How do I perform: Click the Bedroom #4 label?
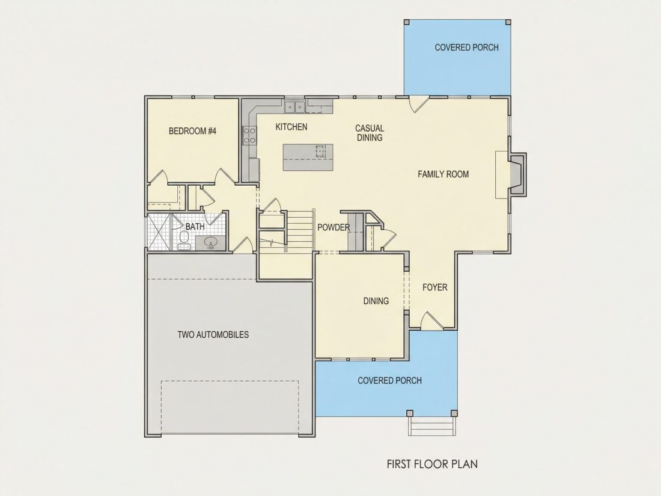192,130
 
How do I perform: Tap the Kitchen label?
291,126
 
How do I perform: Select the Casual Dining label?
370,132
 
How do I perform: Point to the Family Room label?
443,174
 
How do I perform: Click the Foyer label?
434,287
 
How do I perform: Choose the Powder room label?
334,227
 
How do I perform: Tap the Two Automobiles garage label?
213,334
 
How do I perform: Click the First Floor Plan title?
432,464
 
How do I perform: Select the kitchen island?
308,158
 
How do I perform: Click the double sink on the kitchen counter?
294,107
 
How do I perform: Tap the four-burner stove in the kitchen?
249,135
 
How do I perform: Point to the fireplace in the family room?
517,174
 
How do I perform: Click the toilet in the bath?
184,239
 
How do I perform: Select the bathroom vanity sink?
210,242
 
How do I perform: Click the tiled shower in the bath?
159,232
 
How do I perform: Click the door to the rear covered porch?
419,104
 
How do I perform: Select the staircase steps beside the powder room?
300,231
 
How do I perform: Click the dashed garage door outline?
230,407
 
